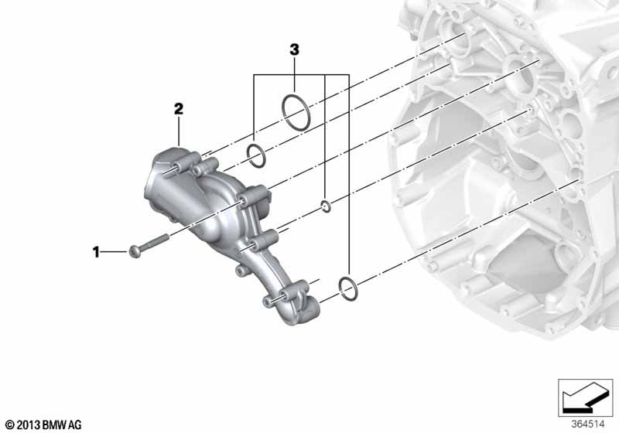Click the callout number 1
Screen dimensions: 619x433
click(96, 251)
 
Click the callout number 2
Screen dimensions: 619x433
click(179, 109)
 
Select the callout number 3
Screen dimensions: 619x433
click(295, 49)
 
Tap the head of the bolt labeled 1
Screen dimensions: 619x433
click(133, 251)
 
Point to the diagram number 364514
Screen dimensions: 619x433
click(587, 424)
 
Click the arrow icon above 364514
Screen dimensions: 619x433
click(585, 397)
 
